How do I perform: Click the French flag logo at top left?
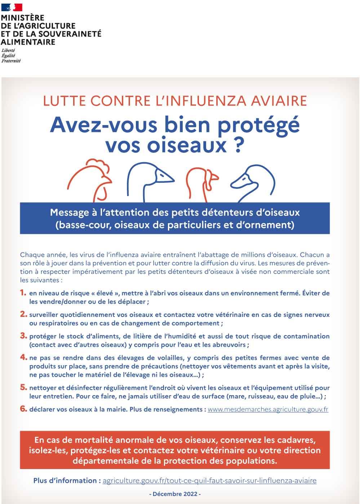(12, 7)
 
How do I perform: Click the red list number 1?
(23, 292)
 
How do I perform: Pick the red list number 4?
(23, 357)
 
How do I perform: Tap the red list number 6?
(23, 409)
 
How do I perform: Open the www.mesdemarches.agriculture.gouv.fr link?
(268, 410)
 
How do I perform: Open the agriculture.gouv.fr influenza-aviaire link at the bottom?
(209, 481)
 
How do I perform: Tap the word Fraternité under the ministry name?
(11, 61)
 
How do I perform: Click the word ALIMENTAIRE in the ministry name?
(28, 42)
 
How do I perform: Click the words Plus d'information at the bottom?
(65, 481)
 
